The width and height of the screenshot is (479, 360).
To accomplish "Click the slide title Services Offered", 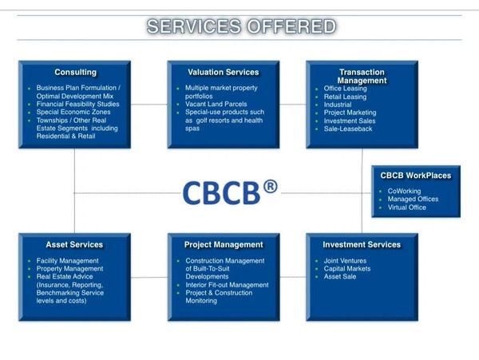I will [x=241, y=26].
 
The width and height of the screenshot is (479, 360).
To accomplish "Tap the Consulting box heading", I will [x=75, y=73].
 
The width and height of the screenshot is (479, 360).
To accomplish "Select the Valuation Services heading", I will [x=223, y=73].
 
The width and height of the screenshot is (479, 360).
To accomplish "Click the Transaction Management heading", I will [x=362, y=76].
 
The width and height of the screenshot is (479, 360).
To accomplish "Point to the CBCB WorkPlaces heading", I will [x=415, y=176].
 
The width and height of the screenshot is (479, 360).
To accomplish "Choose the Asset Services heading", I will [x=74, y=244].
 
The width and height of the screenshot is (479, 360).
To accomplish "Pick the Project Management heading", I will [x=224, y=244].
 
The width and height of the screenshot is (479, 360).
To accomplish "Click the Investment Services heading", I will [x=362, y=244].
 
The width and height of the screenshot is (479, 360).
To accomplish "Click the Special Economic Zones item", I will [x=73, y=113].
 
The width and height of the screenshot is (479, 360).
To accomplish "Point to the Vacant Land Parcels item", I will [x=216, y=105].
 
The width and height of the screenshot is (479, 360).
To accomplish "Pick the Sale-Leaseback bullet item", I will [x=348, y=129].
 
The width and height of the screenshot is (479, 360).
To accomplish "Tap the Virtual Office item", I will [x=406, y=208].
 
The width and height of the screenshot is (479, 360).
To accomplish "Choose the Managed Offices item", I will [x=412, y=199].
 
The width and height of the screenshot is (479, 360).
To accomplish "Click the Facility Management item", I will [x=68, y=260].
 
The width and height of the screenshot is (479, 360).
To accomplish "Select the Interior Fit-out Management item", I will [x=227, y=285].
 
